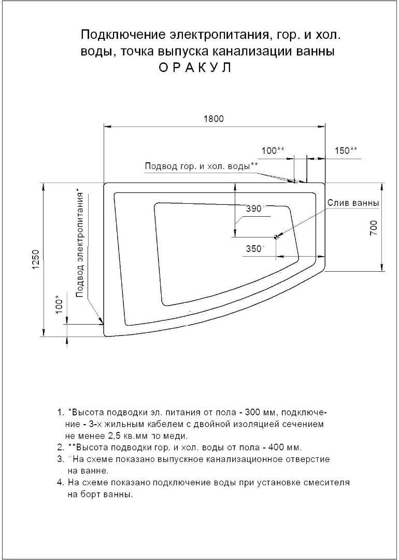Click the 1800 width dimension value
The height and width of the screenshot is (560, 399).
click(213, 118)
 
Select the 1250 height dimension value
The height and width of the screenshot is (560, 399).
click(35, 260)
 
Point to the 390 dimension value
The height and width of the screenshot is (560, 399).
click(254, 209)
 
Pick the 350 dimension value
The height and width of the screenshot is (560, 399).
click(254, 248)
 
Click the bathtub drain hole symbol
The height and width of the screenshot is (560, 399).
click(276, 237)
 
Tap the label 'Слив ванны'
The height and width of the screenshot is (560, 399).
click(353, 203)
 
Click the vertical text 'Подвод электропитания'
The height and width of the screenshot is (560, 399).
click(80, 244)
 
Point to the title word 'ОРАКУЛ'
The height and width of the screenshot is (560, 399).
click(195, 68)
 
